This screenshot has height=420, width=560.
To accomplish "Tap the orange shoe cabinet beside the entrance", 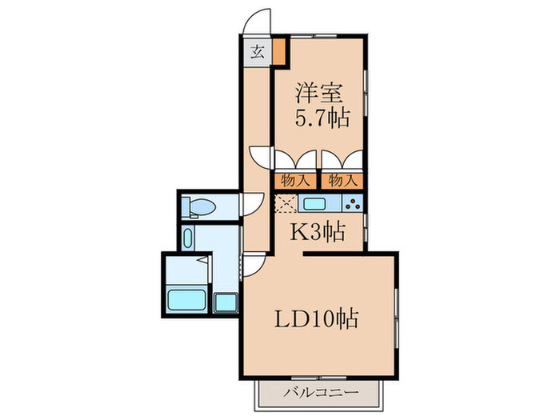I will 279,51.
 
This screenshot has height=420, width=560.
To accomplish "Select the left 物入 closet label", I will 296,181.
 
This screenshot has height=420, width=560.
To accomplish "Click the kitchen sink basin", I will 314,202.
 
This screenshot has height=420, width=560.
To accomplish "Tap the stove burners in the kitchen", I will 353,202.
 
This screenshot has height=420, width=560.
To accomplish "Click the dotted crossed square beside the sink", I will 284,202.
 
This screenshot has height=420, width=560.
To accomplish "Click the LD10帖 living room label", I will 318,320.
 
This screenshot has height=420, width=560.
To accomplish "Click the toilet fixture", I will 197,208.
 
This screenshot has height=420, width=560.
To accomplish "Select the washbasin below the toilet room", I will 187,238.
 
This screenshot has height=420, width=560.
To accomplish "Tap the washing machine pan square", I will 226,303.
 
